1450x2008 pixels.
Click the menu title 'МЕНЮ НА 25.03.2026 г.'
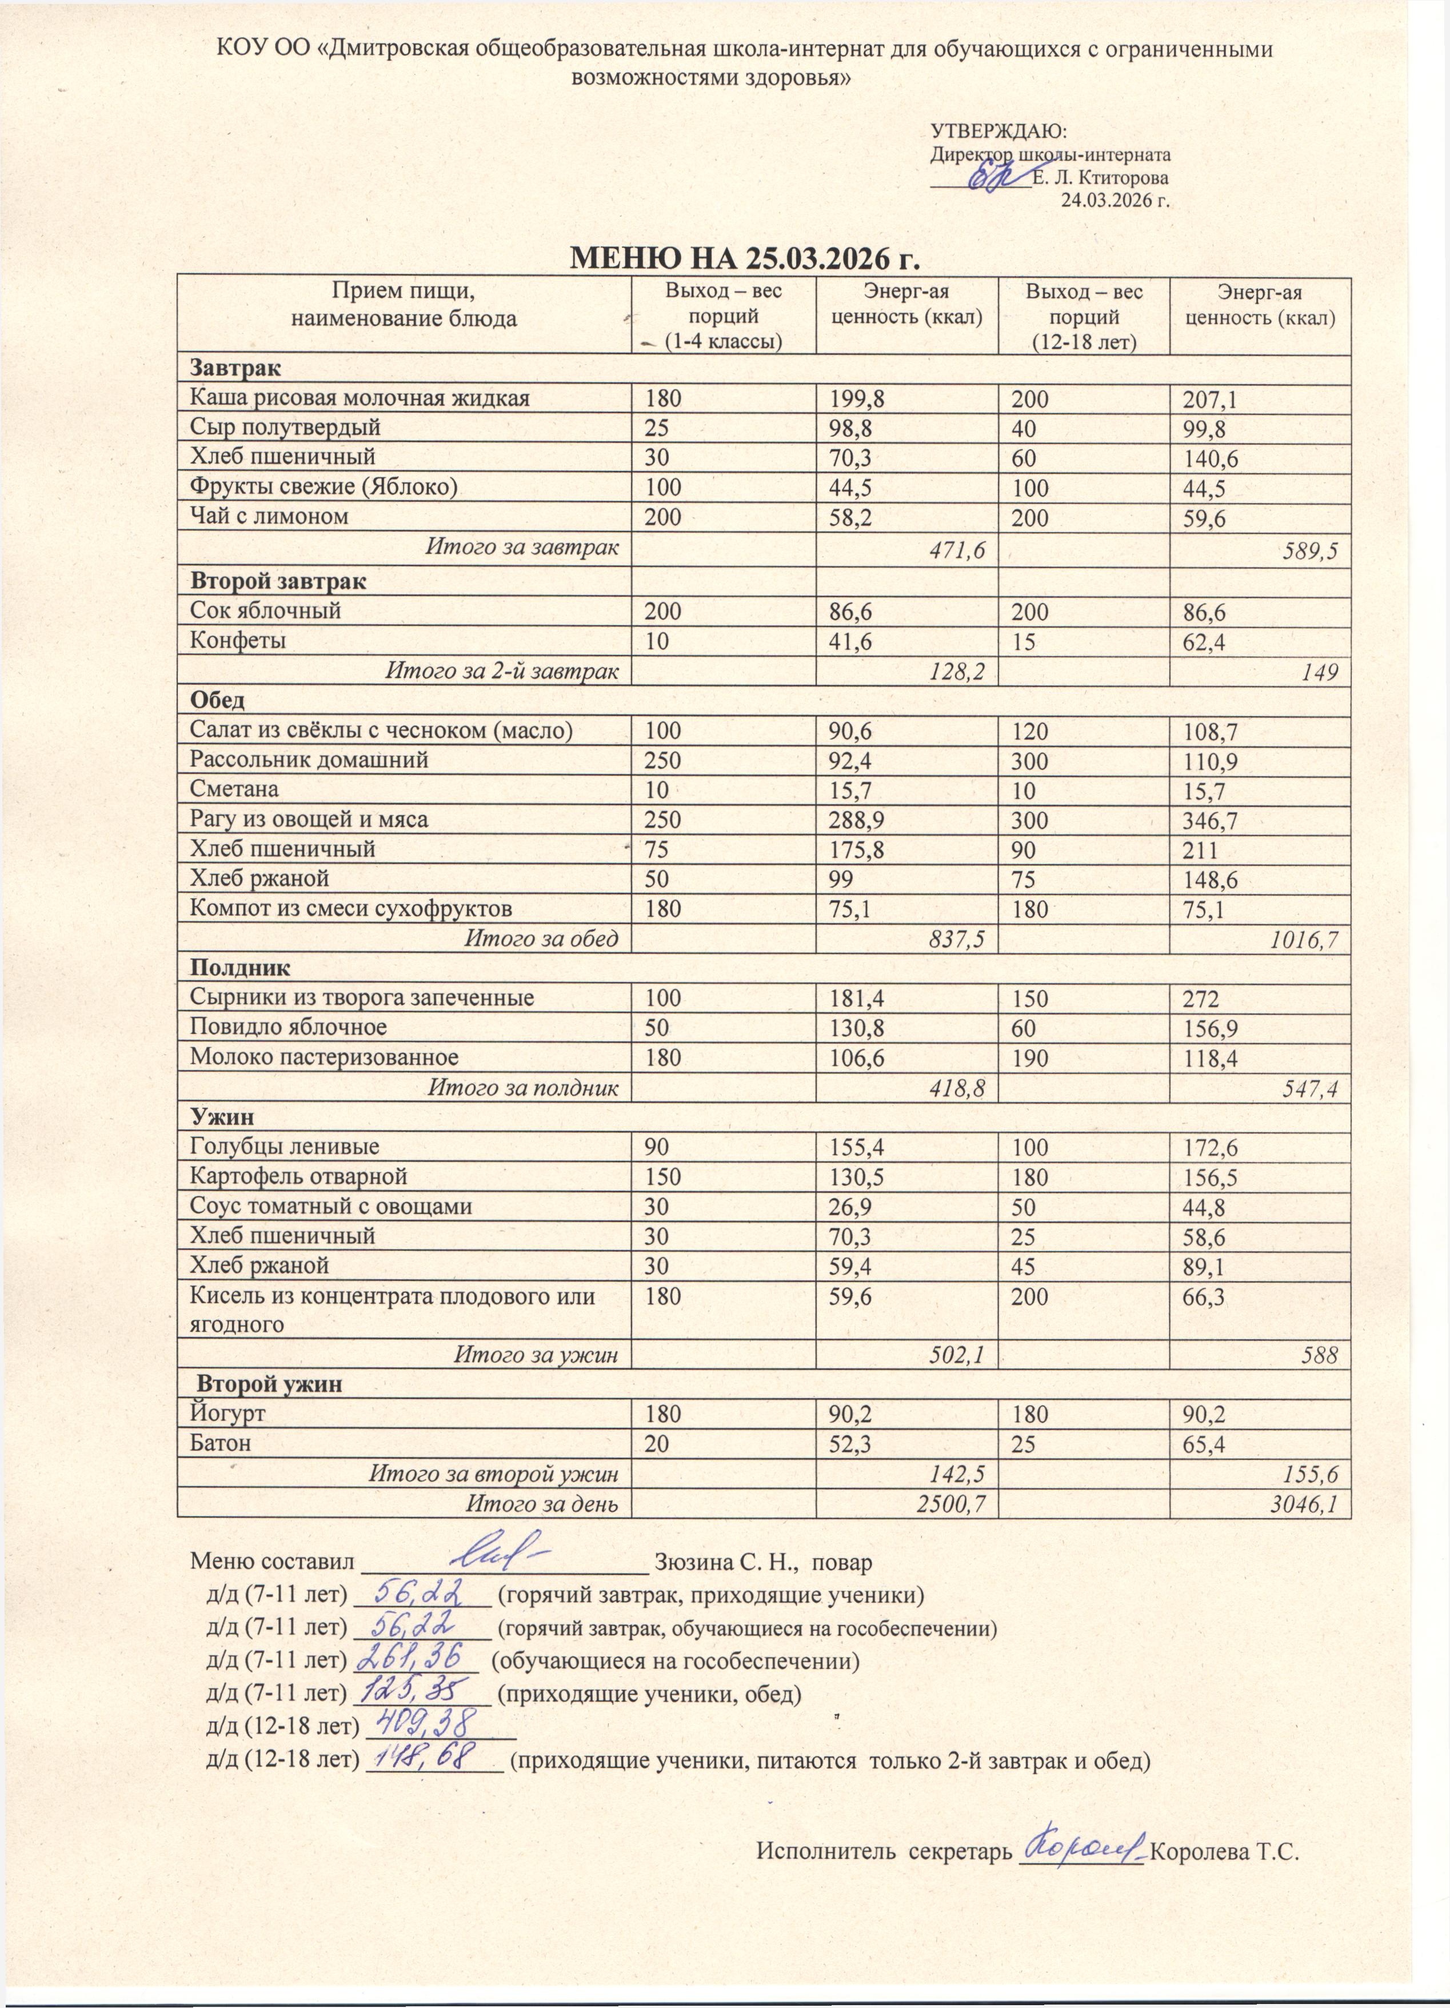tap(744, 258)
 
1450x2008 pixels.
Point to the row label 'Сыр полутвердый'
tap(285, 428)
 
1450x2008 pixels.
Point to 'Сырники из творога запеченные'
tap(362, 998)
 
